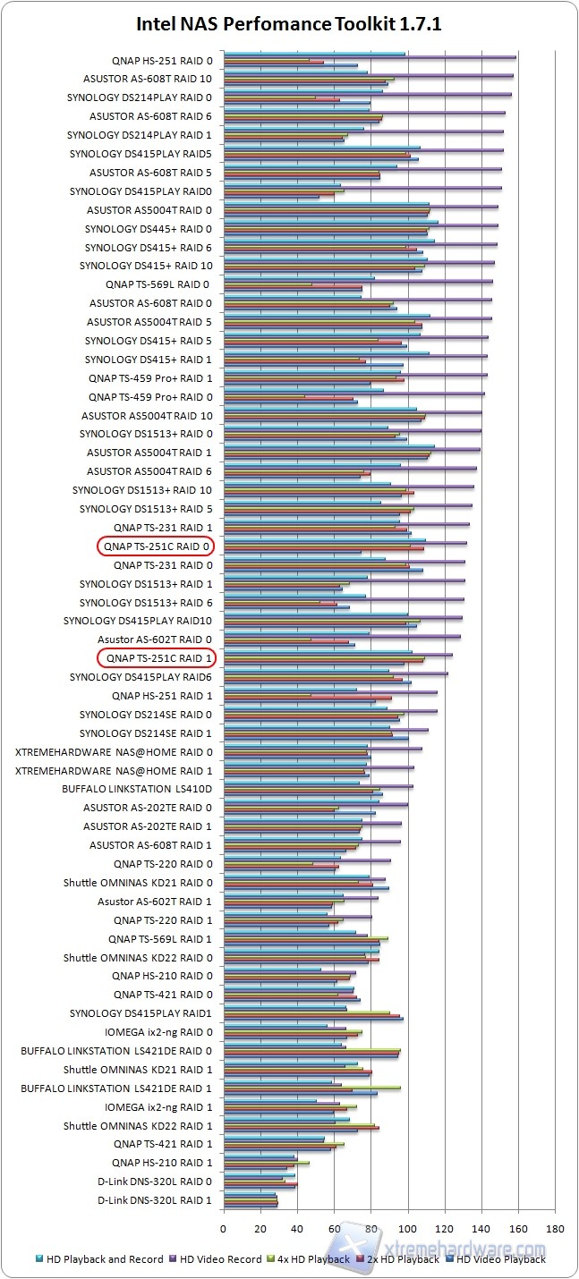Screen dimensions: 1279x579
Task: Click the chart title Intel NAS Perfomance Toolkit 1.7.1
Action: click(289, 24)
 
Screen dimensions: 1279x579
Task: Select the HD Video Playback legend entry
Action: click(500, 1259)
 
